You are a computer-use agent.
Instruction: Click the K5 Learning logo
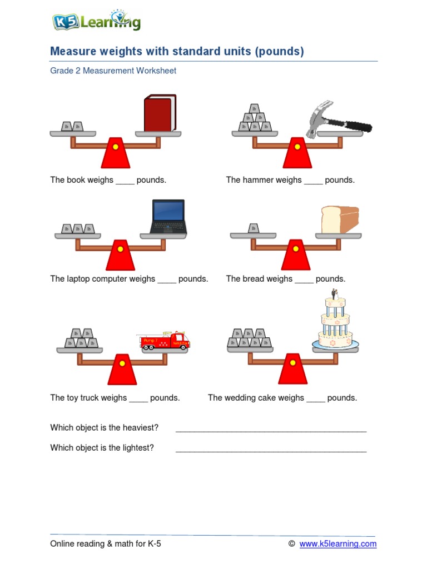[96, 22]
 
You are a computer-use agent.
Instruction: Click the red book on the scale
[160, 113]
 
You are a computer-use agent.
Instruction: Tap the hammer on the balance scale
[337, 119]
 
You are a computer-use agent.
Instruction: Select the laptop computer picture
[168, 217]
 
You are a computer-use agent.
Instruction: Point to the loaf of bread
[340, 220]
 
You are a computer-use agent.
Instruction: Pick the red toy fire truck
[165, 341]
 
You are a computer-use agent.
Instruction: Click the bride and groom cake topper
[334, 295]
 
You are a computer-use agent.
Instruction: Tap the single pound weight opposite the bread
[254, 228]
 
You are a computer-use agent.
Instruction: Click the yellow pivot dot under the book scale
[116, 147]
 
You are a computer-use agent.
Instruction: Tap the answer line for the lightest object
[271, 450]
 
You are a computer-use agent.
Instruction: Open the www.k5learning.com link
[337, 544]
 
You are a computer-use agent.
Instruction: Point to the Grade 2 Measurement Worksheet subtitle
[113, 71]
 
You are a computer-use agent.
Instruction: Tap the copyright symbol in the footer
[291, 544]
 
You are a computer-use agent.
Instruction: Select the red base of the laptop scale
[120, 257]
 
